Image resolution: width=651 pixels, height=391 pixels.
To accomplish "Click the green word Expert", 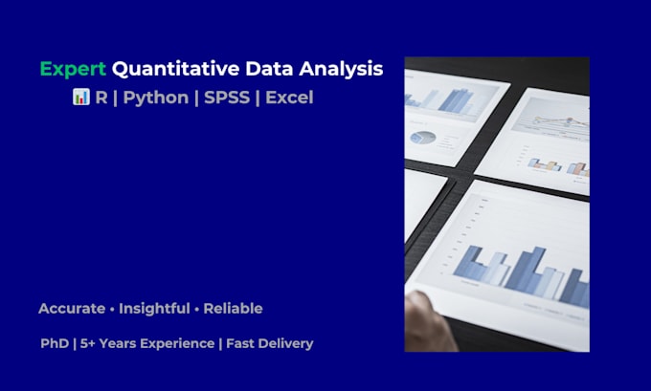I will pos(73,69).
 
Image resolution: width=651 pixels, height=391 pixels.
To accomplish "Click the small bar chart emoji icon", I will pos(80,98).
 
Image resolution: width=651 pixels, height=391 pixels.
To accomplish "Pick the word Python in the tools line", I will pos(156,98).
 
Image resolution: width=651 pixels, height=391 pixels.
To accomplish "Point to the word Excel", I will pos(288,98).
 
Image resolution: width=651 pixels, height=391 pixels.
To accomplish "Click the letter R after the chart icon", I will pos(101,98).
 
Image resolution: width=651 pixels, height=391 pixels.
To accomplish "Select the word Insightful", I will pos(157,309).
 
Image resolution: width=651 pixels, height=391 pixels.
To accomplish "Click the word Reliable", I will pos(231,309).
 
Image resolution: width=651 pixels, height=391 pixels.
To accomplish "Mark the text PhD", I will pos(55,343).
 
